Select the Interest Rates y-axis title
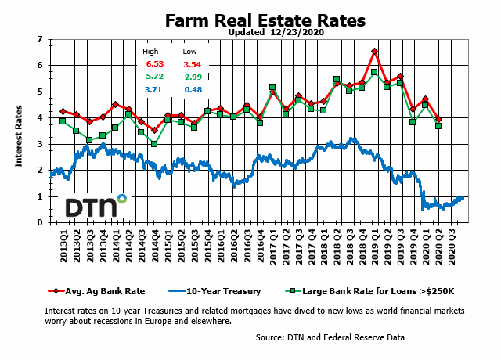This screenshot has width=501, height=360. pos(19,137)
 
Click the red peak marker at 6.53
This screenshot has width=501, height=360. pos(375,52)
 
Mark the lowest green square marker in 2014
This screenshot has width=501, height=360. pos(154,144)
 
